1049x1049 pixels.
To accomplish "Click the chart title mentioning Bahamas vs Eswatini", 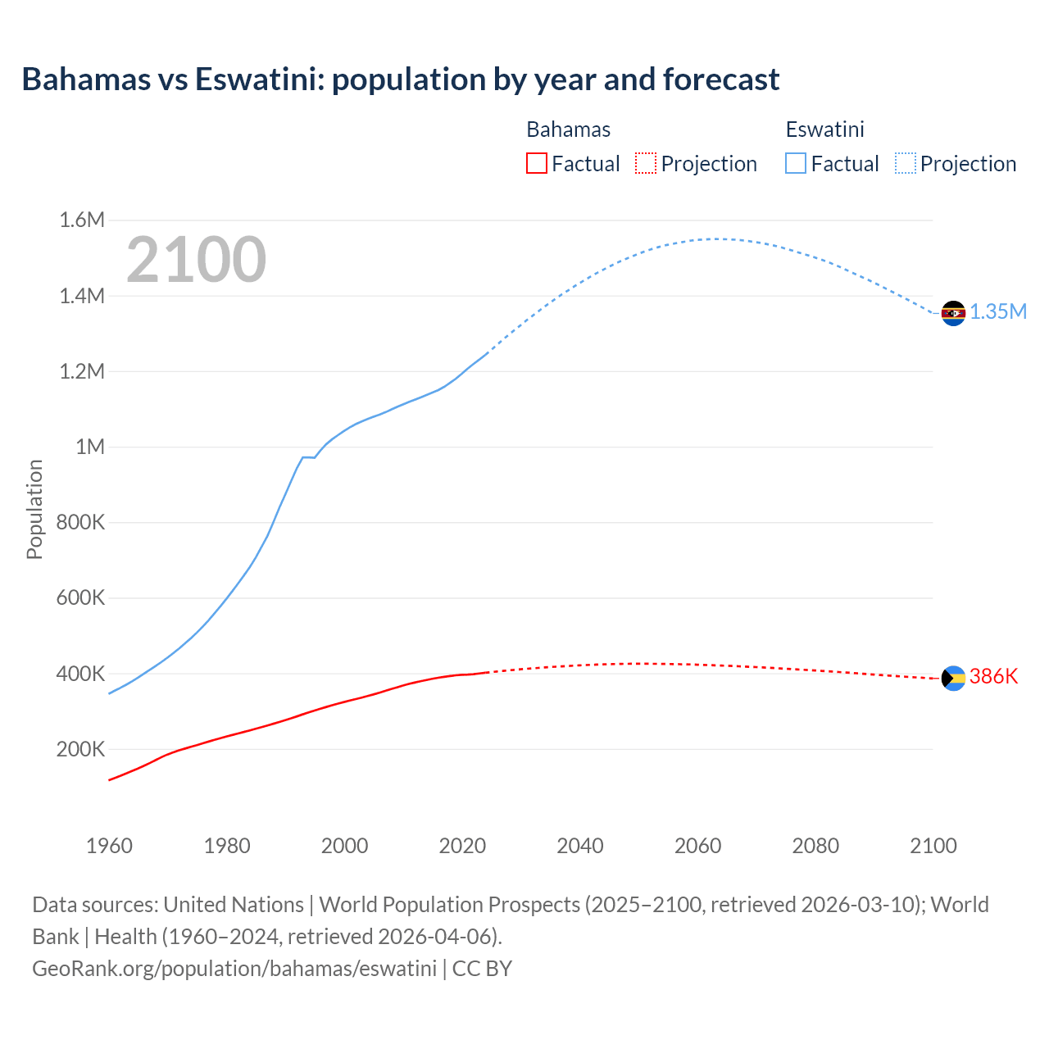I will click(400, 79).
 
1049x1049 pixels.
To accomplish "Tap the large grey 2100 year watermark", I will click(196, 260).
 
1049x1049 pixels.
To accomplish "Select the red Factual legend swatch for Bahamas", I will click(536, 163).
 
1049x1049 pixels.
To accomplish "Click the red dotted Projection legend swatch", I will click(646, 163).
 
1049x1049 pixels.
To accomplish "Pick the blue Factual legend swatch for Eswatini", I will click(795, 163).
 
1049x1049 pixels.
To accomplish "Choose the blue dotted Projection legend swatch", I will click(905, 163).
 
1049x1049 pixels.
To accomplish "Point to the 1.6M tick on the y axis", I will click(82, 220).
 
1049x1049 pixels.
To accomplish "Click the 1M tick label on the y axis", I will click(90, 447).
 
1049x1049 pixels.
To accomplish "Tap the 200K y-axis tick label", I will click(80, 749).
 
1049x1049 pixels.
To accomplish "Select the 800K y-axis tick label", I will click(80, 522).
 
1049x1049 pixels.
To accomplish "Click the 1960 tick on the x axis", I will click(109, 846).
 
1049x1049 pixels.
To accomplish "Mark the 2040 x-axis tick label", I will click(580, 846).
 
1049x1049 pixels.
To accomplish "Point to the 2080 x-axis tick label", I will click(815, 846).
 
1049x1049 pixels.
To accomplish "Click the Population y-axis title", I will click(34, 509).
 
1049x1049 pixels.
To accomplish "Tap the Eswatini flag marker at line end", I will click(953, 313).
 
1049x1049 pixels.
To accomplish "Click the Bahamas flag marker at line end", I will click(953, 678).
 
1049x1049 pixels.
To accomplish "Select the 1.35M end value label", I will click(998, 312).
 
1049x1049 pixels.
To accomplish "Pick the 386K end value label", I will click(993, 677).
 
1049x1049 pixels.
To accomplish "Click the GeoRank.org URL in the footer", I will click(234, 969).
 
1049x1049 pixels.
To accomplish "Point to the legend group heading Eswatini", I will click(824, 129).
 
